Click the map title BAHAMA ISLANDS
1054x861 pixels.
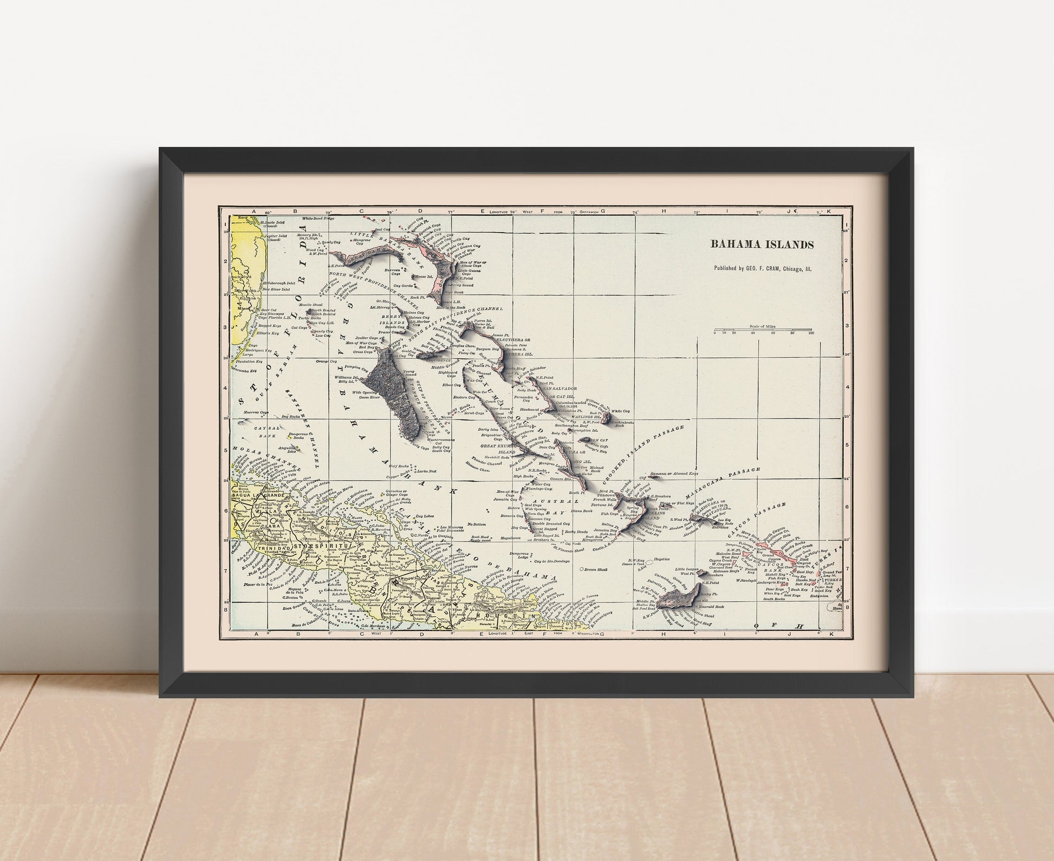pyautogui.click(x=762, y=245)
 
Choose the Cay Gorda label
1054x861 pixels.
pyautogui.click(x=404, y=285)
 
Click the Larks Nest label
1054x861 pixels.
pyautogui.click(x=426, y=472)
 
